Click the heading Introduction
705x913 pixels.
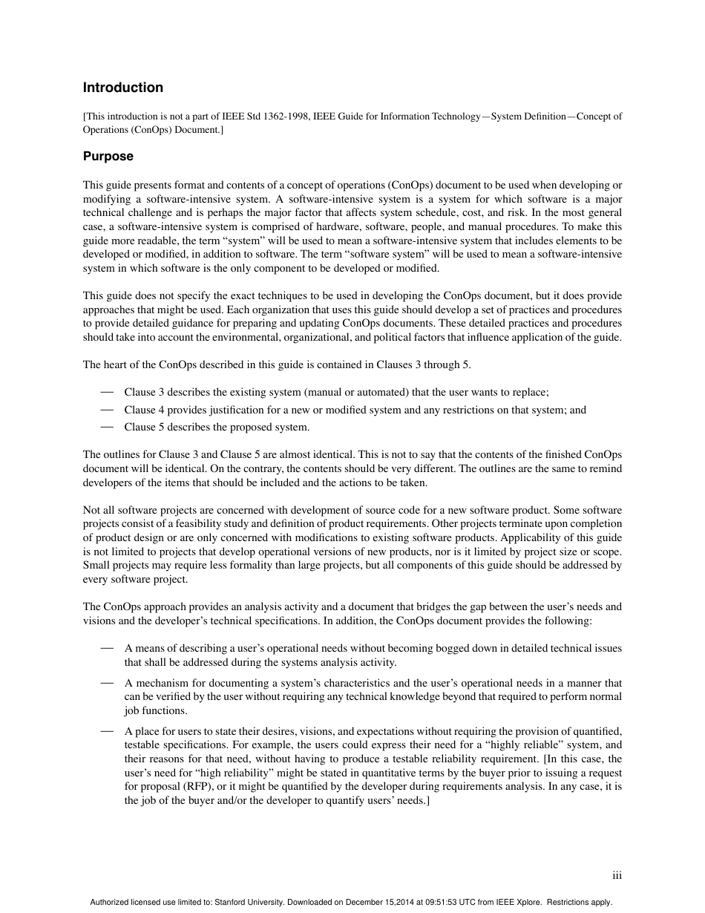122,88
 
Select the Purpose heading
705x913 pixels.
108,157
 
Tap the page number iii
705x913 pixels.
617,876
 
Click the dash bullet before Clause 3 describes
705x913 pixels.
107,392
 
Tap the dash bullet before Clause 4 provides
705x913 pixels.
107,409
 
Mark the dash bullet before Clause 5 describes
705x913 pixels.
107,427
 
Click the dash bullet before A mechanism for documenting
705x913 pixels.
107,682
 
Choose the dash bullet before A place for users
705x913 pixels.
107,731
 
